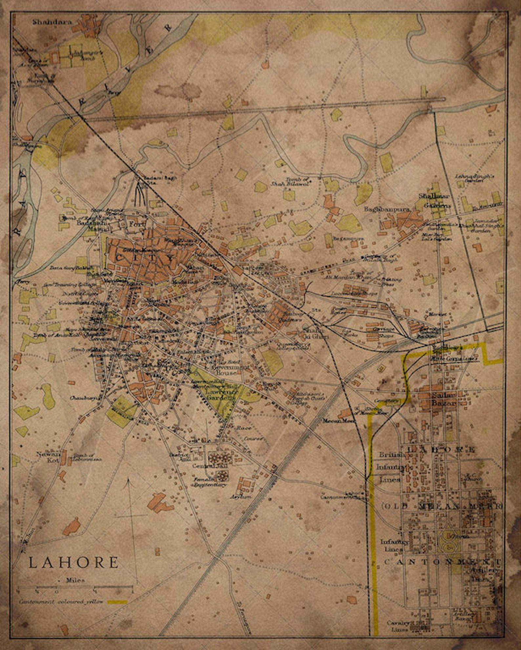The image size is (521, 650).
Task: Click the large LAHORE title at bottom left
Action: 73,562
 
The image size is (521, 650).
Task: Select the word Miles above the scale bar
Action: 75,580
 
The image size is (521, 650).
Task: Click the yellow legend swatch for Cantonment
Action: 117,602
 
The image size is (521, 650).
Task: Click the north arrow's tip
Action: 128,479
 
